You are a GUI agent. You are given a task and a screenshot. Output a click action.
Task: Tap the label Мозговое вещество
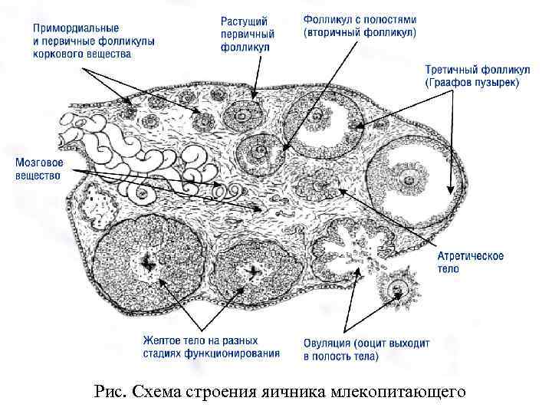(38, 169)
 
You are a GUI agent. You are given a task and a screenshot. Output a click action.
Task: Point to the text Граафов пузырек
(474, 83)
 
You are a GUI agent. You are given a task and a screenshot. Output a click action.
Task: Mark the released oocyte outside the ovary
(398, 290)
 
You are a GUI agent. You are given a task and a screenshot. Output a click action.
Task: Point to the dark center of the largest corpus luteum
(148, 265)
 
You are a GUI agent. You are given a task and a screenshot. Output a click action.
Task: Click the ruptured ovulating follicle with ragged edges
(350, 246)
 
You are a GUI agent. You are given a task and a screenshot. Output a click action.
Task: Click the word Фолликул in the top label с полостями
(326, 18)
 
